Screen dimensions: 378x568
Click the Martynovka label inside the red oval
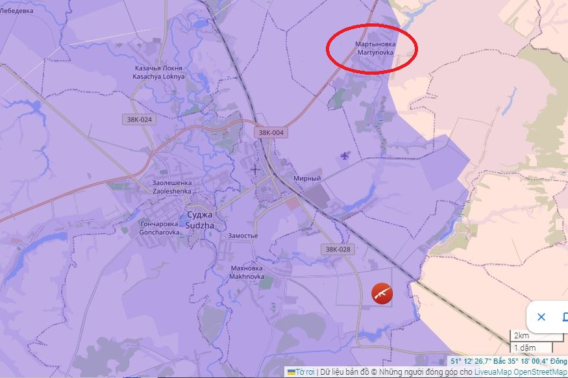click(x=375, y=48)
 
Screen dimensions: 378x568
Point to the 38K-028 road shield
click(x=338, y=249)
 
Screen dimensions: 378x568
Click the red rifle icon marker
click(x=382, y=294)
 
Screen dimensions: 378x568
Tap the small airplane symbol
click(x=344, y=155)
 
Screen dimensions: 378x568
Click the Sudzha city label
click(x=199, y=220)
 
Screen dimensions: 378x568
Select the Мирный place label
click(x=307, y=179)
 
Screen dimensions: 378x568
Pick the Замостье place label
click(x=243, y=236)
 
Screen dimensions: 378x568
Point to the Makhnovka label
click(x=246, y=272)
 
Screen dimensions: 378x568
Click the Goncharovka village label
click(x=159, y=227)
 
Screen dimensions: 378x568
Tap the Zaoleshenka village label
click(x=171, y=188)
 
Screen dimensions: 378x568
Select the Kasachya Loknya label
click(x=158, y=72)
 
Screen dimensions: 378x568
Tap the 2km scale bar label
click(x=521, y=336)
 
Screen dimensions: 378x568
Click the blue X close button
click(x=541, y=317)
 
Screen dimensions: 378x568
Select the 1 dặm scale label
click(x=525, y=348)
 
